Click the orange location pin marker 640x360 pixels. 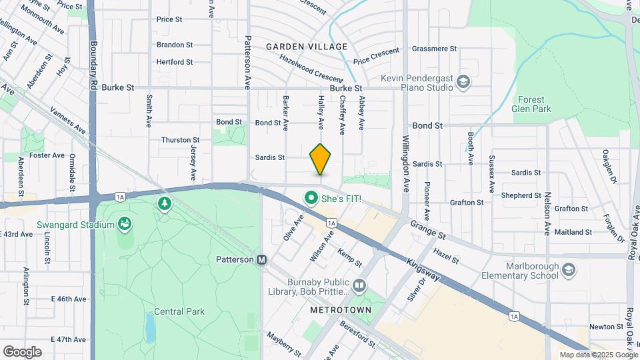pos(320,159)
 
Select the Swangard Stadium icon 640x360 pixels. pos(124,225)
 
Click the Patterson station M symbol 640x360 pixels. pos(262,259)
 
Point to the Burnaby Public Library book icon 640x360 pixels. pos(359,286)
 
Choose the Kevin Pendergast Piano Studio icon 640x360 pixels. pos(463,82)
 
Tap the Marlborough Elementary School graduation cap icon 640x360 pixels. pos(568,270)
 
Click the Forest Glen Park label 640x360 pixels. pos(531,103)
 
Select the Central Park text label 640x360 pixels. pos(179,311)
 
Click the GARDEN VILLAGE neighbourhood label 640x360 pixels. pos(307,47)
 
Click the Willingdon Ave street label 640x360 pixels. pos(405,163)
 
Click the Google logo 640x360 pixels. pos(22,351)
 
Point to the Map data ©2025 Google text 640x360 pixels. pos(598,355)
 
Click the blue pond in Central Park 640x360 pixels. pos(151,327)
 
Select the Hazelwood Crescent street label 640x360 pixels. pos(311,67)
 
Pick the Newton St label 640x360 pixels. pos(605,327)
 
